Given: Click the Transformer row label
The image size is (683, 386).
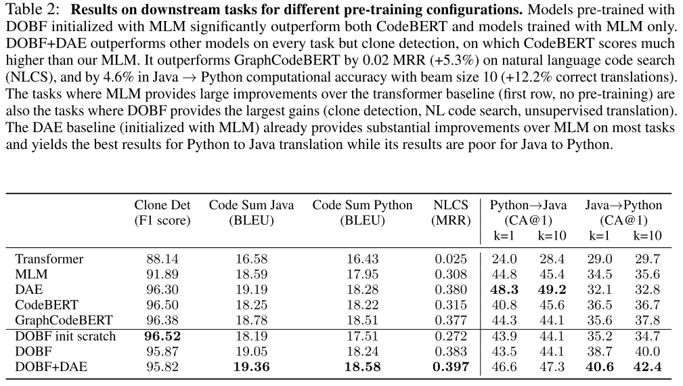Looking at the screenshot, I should click(x=49, y=259).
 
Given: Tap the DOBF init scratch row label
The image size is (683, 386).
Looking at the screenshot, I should click(x=66, y=337).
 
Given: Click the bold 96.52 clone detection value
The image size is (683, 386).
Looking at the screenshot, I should click(x=162, y=337).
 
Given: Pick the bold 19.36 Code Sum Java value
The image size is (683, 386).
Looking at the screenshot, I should click(x=250, y=368).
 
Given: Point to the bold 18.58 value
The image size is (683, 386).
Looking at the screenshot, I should click(x=362, y=368).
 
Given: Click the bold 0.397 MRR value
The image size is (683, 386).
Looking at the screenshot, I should click(x=451, y=368).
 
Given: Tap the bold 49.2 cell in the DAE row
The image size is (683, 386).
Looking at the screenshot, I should click(x=552, y=290).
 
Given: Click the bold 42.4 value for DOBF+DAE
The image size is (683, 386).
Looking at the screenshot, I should click(x=647, y=368).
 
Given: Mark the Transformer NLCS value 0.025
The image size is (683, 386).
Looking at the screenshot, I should click(x=451, y=259).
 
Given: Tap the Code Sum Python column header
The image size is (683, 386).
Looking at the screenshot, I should click(x=362, y=205).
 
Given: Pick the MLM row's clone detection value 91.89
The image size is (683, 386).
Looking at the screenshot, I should click(x=162, y=274).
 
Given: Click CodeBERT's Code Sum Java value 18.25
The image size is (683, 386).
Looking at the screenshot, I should click(x=250, y=305).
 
